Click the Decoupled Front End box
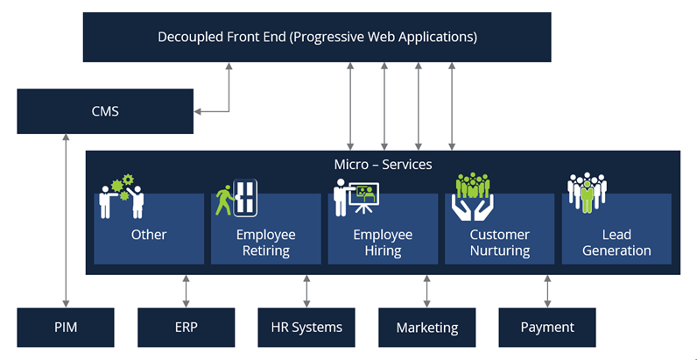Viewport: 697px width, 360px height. [317, 37]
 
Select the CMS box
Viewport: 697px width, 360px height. [105, 111]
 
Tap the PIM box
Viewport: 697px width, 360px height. [66, 327]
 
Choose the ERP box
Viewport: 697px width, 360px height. [186, 327]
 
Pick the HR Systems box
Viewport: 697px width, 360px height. [306, 327]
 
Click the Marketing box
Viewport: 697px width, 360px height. [426, 328]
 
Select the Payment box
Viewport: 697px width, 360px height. [547, 327]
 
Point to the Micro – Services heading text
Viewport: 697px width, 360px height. [383, 164]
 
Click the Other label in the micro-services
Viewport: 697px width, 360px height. [149, 235]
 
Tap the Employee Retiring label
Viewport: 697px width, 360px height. [265, 243]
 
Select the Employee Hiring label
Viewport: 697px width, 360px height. [383, 243]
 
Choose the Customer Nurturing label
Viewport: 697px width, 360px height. [499, 243]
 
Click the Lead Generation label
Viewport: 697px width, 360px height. [616, 243]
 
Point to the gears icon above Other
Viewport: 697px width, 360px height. [122, 196]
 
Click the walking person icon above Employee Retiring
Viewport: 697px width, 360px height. [235, 199]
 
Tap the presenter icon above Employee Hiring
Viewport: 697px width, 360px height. [356, 198]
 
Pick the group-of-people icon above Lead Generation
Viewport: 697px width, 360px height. [587, 193]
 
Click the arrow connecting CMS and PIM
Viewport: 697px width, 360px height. [66, 219]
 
